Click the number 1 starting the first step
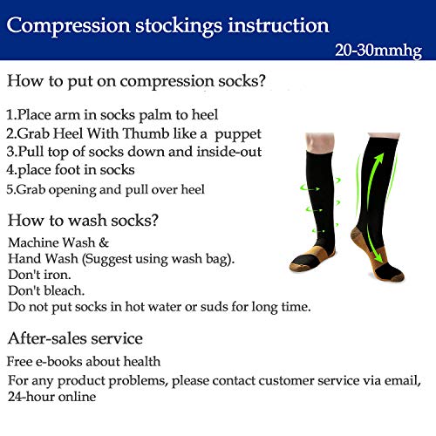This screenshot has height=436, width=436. [10, 115]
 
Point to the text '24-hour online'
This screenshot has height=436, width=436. [52, 396]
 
